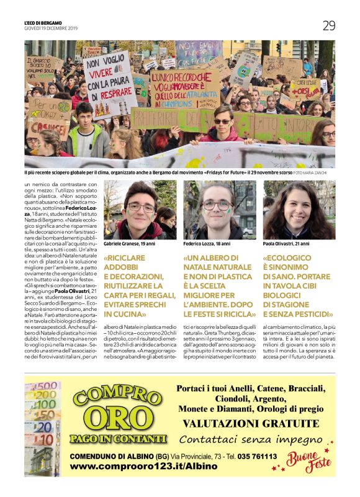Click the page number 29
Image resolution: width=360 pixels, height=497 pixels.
pos(329,25)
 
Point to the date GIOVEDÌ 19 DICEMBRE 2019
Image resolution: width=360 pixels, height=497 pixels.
pos(51,29)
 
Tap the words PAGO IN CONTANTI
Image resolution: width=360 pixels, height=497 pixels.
pos(119,439)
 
